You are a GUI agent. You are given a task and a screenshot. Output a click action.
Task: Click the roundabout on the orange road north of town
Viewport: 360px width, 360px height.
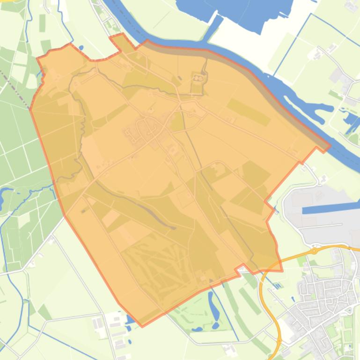click(x=315, y=251)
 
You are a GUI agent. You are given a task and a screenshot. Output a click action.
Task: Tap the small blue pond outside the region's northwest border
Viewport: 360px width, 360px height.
click(x=81, y=48)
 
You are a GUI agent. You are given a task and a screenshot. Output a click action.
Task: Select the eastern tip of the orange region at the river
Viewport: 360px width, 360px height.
click(x=330, y=146)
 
